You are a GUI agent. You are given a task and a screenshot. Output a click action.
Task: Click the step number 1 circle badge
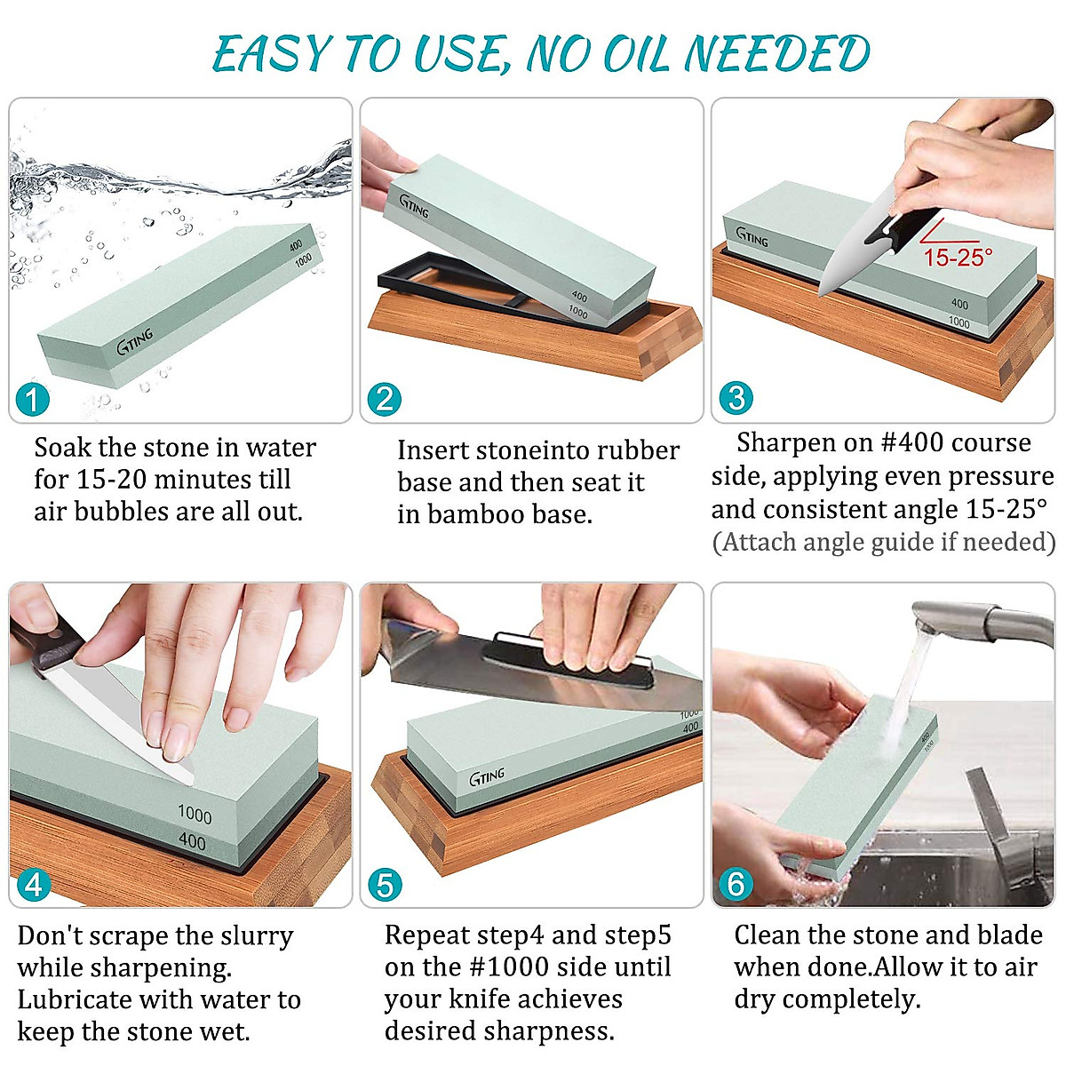32,399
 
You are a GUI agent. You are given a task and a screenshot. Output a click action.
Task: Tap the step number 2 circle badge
384,399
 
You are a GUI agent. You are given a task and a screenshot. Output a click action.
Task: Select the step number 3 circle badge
736,398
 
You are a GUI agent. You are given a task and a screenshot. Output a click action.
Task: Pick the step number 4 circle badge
33,884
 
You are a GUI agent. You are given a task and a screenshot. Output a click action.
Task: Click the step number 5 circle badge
384,885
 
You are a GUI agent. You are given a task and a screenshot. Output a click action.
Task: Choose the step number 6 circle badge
736,884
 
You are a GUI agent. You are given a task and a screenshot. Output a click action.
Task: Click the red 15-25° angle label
958,257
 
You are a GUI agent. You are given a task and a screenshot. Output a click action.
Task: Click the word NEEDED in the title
777,54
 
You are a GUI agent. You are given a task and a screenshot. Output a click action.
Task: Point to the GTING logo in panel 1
135,340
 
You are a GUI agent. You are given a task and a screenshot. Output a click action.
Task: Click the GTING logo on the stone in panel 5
487,776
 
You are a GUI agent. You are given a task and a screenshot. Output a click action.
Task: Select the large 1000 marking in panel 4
194,814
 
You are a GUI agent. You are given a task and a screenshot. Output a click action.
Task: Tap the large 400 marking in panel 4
192,840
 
